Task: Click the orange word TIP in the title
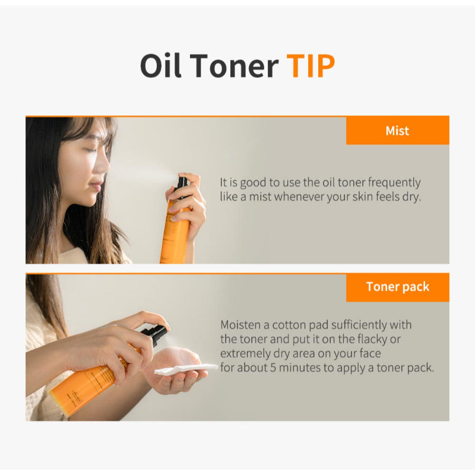[311, 66]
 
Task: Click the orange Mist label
[397, 131]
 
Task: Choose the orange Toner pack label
[397, 287]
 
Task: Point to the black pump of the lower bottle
[156, 334]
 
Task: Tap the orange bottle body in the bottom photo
[89, 386]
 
